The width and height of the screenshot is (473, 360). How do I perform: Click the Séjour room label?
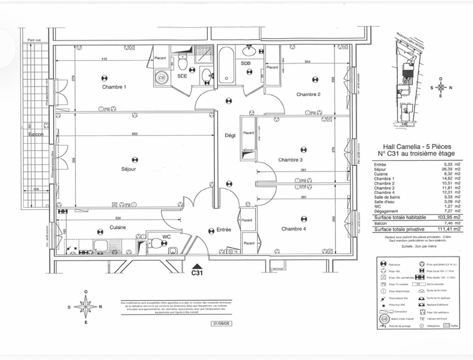pos(129,169)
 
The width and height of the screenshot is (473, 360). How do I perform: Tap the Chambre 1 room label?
pos(114,87)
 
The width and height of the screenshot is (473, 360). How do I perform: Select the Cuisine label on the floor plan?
pos(118,227)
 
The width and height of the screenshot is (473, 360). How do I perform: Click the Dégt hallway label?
pos(230,136)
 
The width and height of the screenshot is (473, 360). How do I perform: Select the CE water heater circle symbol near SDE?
pos(162,78)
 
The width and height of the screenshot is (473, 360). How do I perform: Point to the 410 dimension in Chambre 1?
pos(104,59)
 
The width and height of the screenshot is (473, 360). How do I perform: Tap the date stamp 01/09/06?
pos(222,324)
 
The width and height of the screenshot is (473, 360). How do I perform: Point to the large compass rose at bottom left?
pos(85,307)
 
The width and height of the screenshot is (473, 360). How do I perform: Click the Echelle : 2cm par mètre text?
pos(416,246)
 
